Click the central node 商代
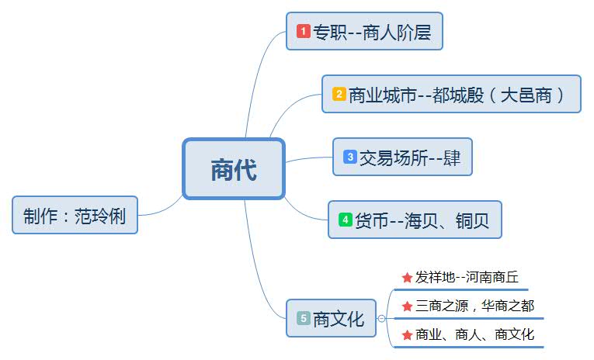tap(234, 169)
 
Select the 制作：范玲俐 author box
tap(75, 215)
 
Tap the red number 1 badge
tap(304, 32)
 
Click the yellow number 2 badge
tap(339, 95)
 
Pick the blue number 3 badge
tap(350, 157)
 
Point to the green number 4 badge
tap(346, 220)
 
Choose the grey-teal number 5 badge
tap(304, 318)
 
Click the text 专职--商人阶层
tap(371, 32)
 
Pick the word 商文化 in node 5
tap(339, 318)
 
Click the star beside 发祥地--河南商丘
tap(407, 277)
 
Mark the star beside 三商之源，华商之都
tap(407, 306)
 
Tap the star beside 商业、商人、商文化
tap(407, 335)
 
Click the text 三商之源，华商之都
tap(475, 306)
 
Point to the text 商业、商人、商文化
tap(475, 335)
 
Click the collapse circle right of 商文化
tap(381, 318)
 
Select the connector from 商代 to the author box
tap(163, 208)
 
